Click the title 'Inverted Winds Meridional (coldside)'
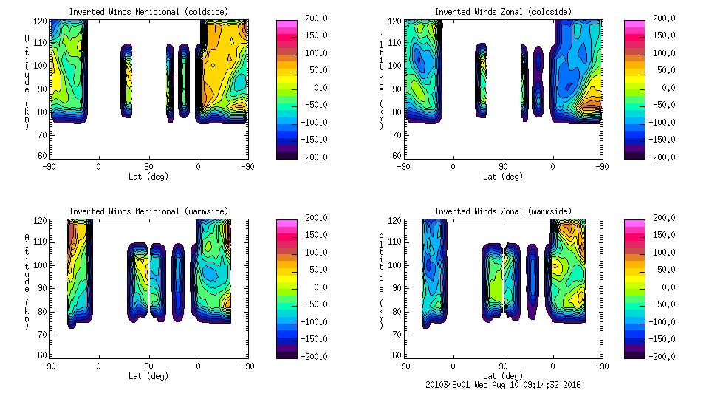(x=149, y=12)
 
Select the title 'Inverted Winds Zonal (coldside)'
(x=503, y=12)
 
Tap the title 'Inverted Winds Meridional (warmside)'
(x=149, y=211)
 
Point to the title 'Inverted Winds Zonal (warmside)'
(x=503, y=211)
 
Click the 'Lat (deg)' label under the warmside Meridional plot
(x=149, y=375)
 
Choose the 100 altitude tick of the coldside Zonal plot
(x=396, y=66)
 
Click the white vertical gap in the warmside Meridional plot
(x=149, y=281)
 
